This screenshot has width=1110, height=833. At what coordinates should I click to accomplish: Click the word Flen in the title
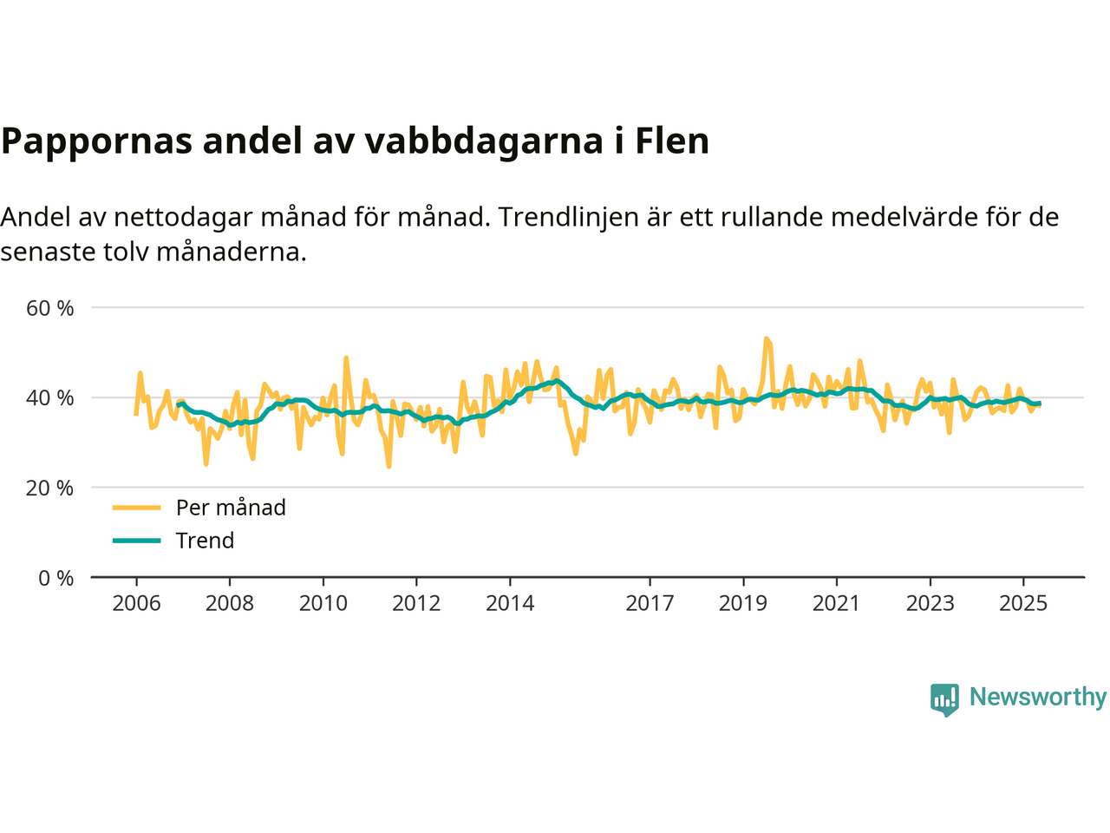pyautogui.click(x=672, y=141)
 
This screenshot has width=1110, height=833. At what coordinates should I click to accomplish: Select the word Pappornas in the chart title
pyautogui.click(x=96, y=141)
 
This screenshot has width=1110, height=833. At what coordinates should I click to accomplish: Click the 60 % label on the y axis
pyautogui.click(x=50, y=308)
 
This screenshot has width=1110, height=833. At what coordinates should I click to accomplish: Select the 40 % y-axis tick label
pyautogui.click(x=50, y=398)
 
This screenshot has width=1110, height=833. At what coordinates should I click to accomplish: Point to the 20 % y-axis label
pyautogui.click(x=50, y=489)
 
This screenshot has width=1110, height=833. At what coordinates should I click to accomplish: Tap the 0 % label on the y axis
pyautogui.click(x=56, y=579)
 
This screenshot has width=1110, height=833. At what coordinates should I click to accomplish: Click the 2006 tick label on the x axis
pyautogui.click(x=136, y=604)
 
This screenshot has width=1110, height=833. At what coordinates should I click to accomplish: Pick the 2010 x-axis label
pyautogui.click(x=323, y=604)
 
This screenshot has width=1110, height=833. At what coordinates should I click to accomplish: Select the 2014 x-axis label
pyautogui.click(x=510, y=604)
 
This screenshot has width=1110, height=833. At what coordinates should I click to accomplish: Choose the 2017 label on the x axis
pyautogui.click(x=650, y=604)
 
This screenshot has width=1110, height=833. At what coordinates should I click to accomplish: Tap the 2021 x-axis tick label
pyautogui.click(x=836, y=604)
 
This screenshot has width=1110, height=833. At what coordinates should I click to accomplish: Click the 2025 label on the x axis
pyautogui.click(x=1023, y=604)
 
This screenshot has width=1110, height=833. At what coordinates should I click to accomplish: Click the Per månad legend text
pyautogui.click(x=231, y=508)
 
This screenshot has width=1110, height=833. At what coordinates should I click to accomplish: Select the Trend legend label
pyautogui.click(x=205, y=541)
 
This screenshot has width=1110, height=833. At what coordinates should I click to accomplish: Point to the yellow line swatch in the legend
pyautogui.click(x=137, y=508)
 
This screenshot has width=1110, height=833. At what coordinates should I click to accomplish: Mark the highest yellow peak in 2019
pyautogui.click(x=766, y=338)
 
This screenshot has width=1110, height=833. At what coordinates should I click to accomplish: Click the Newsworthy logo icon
pyautogui.click(x=944, y=699)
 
